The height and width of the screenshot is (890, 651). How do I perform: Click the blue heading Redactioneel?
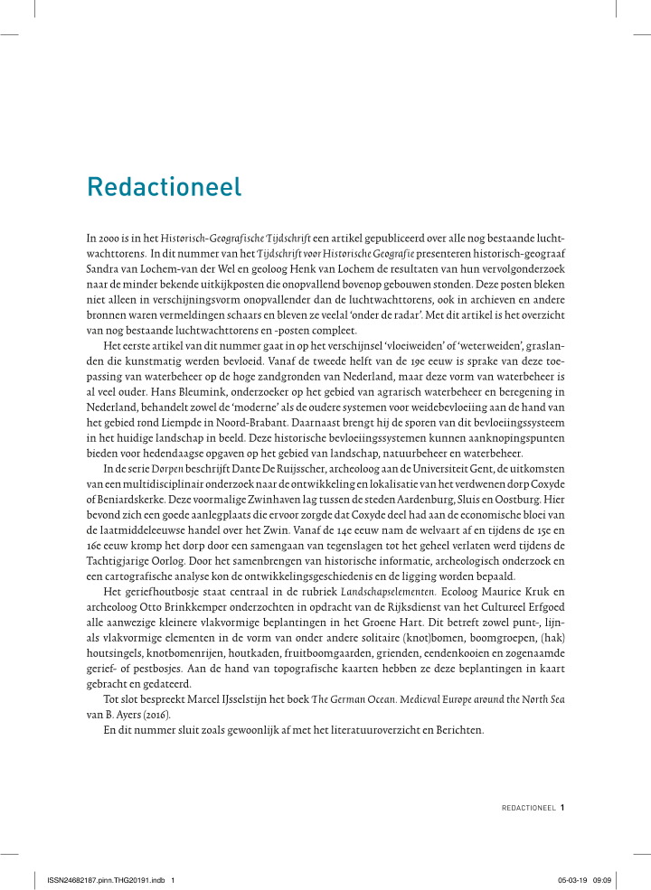164,187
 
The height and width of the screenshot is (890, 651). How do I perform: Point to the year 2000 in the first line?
111,238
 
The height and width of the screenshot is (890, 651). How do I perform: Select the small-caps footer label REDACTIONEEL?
528,808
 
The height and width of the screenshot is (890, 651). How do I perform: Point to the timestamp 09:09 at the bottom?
603,878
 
